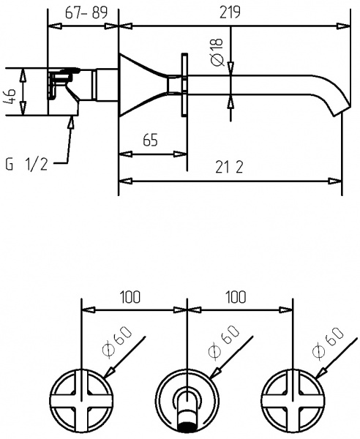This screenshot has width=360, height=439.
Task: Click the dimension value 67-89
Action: click(x=82, y=13)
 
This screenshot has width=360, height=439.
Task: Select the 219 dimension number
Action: click(x=229, y=13)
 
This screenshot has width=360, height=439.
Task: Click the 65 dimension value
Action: click(x=151, y=141)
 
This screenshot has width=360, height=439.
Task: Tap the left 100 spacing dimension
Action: click(x=130, y=297)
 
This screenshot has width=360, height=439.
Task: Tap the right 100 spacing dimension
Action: click(x=236, y=297)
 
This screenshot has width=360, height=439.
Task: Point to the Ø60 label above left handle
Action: click(x=122, y=339)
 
